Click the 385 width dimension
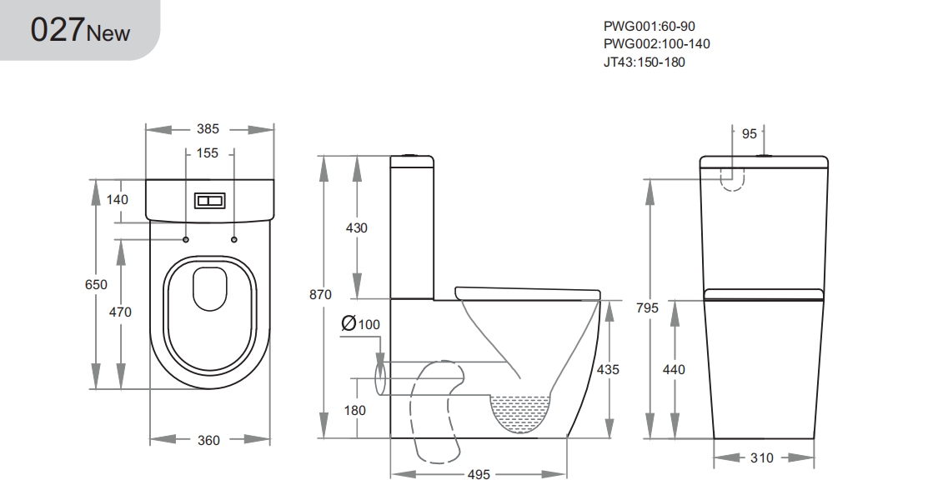click(208, 129)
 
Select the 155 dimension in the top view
click(208, 153)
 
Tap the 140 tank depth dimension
click(118, 200)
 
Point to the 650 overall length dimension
click(96, 284)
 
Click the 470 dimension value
click(120, 312)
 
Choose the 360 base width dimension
click(208, 441)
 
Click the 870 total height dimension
click(320, 295)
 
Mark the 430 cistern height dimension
click(357, 227)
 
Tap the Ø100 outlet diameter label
click(361, 324)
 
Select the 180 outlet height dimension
click(355, 411)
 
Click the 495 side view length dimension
click(479, 475)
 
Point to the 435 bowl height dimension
click(608, 370)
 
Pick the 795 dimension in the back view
click(647, 307)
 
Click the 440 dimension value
click(674, 370)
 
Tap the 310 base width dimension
click(761, 458)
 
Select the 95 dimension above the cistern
click(750, 134)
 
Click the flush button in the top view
click(209, 201)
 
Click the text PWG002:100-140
click(657, 44)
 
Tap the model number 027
click(58, 29)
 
